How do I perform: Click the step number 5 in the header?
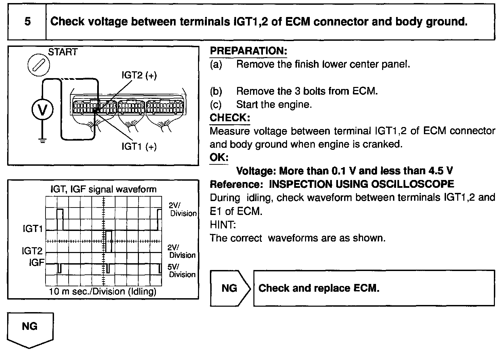click(x=27, y=22)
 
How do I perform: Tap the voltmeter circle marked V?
click(x=42, y=110)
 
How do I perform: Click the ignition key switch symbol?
click(x=38, y=65)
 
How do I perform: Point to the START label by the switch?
click(x=63, y=52)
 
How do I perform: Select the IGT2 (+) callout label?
click(x=139, y=75)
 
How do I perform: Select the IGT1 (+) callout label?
click(x=139, y=147)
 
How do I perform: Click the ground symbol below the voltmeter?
click(x=42, y=141)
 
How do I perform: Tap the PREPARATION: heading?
click(x=248, y=51)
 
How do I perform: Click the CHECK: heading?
click(x=230, y=118)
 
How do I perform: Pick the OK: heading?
click(x=219, y=158)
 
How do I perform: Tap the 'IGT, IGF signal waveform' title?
click(x=103, y=189)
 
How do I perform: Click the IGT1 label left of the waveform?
click(x=33, y=229)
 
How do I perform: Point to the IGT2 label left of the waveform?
click(x=32, y=251)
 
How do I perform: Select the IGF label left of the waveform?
click(x=37, y=263)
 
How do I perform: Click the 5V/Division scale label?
click(x=182, y=271)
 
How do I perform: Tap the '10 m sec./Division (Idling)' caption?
click(x=103, y=291)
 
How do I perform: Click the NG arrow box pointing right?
click(x=230, y=288)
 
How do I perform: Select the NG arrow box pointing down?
click(x=30, y=328)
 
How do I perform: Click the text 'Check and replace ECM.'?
click(x=319, y=288)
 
